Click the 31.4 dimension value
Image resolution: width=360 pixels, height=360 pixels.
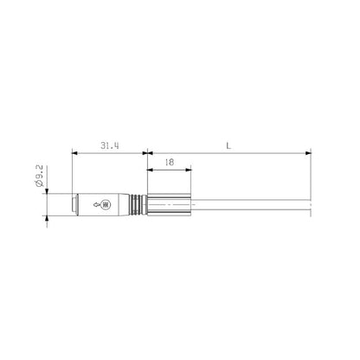[110, 147]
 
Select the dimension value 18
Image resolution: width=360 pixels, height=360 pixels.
[170, 162]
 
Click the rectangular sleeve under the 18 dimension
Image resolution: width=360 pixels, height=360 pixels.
[170, 205]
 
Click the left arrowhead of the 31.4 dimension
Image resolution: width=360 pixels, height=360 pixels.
[76, 155]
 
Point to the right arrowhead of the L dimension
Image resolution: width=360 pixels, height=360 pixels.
[307, 155]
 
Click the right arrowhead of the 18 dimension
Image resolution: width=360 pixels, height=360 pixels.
[190, 170]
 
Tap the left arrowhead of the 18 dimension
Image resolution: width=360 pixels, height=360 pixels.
[151, 170]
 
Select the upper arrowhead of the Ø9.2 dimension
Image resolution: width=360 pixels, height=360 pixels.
[44, 191]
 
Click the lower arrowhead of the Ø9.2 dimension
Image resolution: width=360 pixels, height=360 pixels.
[44, 218]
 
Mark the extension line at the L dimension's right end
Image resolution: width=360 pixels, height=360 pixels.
[310, 173]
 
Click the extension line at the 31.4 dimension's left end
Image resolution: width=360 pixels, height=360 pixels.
[74, 173]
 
